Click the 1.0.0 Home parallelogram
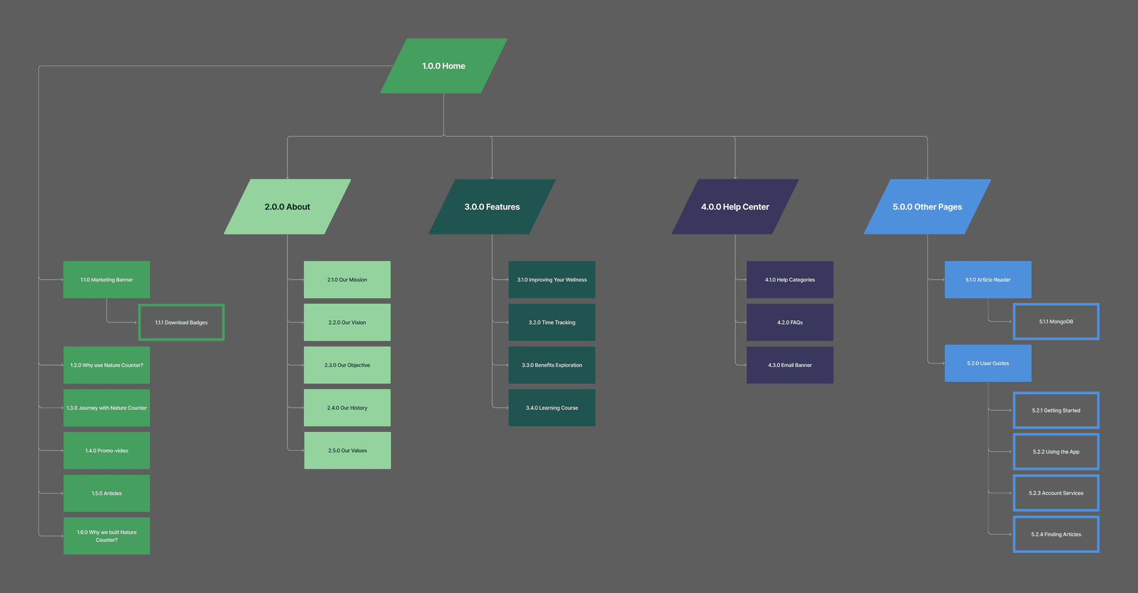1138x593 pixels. pyautogui.click(x=443, y=66)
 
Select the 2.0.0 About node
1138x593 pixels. pyautogui.click(x=287, y=207)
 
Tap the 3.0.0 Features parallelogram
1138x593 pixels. pyautogui.click(x=492, y=207)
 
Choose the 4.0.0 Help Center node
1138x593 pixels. pyautogui.click(x=735, y=207)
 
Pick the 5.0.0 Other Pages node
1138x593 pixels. pyautogui.click(x=927, y=207)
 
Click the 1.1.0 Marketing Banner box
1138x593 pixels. pyautogui.click(x=107, y=280)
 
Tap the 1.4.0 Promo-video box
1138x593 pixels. pyautogui.click(x=107, y=451)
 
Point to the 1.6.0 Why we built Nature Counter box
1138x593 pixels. pyautogui.click(x=107, y=536)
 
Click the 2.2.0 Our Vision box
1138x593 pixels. pyautogui.click(x=347, y=322)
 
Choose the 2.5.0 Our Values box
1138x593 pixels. pyautogui.click(x=347, y=451)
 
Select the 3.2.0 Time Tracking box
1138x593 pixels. pyautogui.click(x=552, y=322)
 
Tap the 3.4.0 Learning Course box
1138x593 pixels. pyautogui.click(x=552, y=408)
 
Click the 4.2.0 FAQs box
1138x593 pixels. pyautogui.click(x=790, y=322)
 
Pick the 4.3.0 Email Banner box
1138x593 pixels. pyautogui.click(x=790, y=365)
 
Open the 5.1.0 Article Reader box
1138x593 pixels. pyautogui.click(x=988, y=280)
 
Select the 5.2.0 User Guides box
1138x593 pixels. pyautogui.click(x=988, y=363)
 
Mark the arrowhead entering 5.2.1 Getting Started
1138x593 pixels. pyautogui.click(x=1010, y=411)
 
